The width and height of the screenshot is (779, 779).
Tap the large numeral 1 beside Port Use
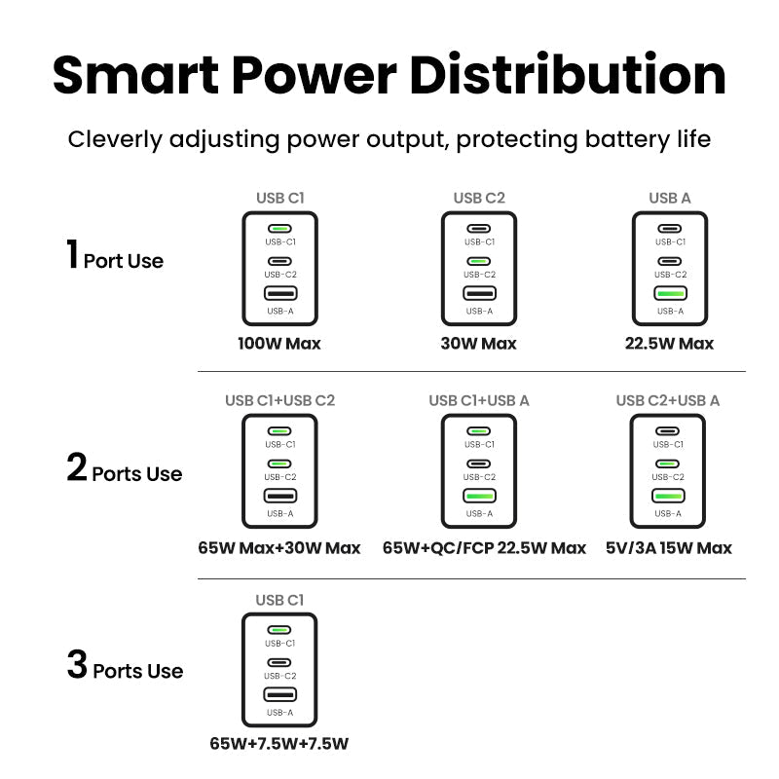(72, 254)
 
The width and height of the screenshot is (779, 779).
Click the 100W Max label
(279, 344)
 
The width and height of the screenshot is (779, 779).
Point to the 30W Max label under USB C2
(478, 344)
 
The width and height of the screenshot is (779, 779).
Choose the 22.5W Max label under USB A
(670, 344)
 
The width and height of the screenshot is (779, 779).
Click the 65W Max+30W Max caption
(279, 548)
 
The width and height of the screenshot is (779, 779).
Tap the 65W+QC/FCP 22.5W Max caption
(484, 548)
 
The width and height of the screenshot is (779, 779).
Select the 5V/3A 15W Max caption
(668, 548)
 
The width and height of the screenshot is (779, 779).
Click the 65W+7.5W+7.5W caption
(279, 745)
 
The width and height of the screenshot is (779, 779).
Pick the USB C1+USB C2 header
(279, 400)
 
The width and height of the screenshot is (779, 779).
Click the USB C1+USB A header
(479, 400)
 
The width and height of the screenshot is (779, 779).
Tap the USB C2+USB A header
(668, 400)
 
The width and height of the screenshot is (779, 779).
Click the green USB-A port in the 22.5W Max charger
(670, 293)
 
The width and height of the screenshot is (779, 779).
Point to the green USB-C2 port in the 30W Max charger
(478, 261)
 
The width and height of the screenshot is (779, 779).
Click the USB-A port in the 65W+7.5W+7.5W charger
(279, 694)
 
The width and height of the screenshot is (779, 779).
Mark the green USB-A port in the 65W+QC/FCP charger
(478, 496)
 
